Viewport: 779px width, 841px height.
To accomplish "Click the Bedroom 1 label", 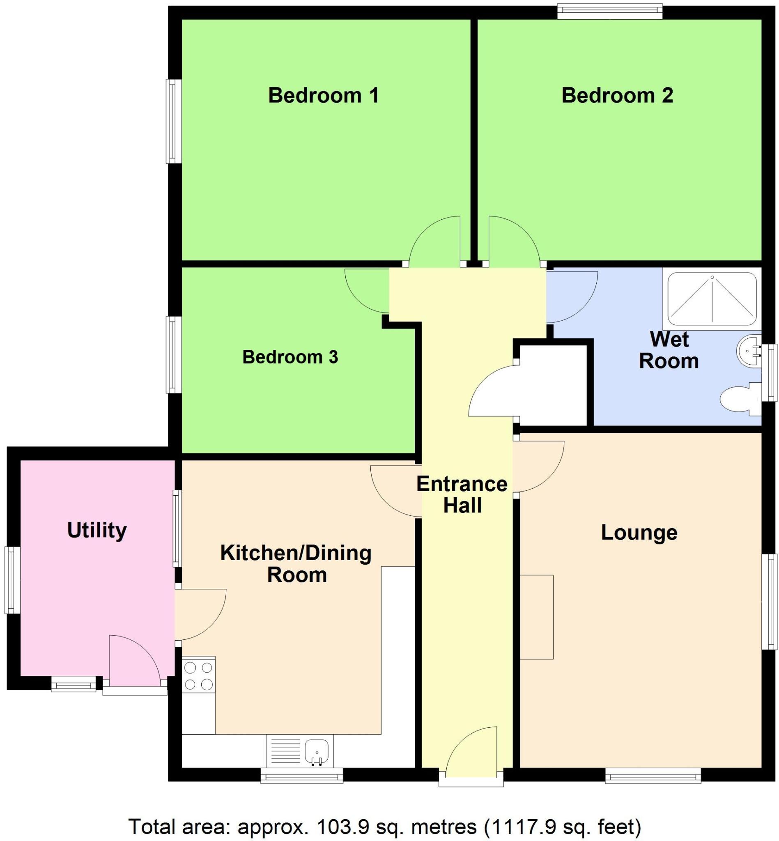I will tap(323, 95).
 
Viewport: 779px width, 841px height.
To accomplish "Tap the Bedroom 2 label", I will tap(617, 95).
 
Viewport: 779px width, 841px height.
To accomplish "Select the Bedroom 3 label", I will tap(290, 357).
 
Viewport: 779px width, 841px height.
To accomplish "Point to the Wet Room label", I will tap(669, 350).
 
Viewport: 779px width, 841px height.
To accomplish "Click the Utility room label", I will tap(97, 530).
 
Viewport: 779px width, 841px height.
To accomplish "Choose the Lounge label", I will tap(639, 533).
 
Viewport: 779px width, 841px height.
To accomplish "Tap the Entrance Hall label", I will tap(462, 494).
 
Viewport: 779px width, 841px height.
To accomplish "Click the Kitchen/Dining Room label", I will tap(296, 564).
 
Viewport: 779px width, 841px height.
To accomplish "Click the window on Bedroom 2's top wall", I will tap(609, 11).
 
